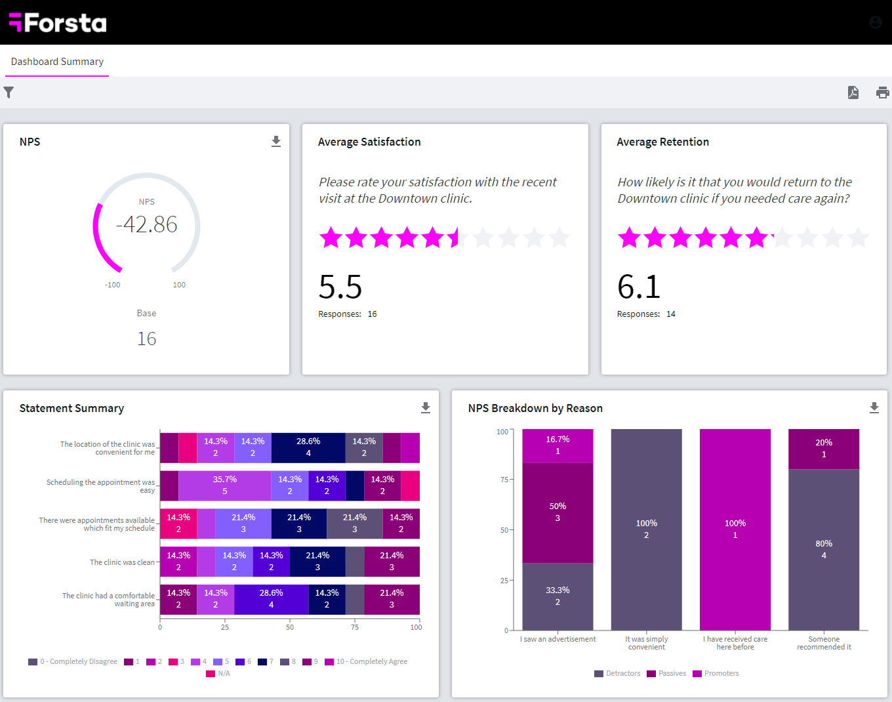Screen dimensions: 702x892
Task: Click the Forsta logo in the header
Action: [58, 23]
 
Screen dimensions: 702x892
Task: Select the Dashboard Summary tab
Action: [57, 62]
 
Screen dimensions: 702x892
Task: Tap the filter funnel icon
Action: [9, 93]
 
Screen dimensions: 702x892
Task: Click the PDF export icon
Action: [853, 93]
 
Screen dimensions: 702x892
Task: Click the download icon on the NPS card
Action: [276, 142]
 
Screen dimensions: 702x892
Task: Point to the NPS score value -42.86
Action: [146, 224]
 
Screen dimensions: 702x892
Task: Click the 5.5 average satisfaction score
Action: [340, 287]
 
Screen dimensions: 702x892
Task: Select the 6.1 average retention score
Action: [638, 287]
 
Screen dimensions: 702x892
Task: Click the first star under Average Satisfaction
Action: [331, 237]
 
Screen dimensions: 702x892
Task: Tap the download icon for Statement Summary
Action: [426, 408]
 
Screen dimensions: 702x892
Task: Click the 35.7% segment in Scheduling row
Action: [224, 485]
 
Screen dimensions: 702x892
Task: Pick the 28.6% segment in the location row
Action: [308, 447]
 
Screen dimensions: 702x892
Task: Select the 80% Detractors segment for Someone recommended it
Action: [824, 550]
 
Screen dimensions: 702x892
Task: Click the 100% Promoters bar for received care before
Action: [735, 529]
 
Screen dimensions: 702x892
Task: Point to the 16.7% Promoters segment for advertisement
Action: [557, 445]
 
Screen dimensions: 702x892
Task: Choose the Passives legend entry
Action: [666, 674]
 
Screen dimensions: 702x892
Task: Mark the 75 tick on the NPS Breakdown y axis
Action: [504, 480]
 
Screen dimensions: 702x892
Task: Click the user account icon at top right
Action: [875, 22]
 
